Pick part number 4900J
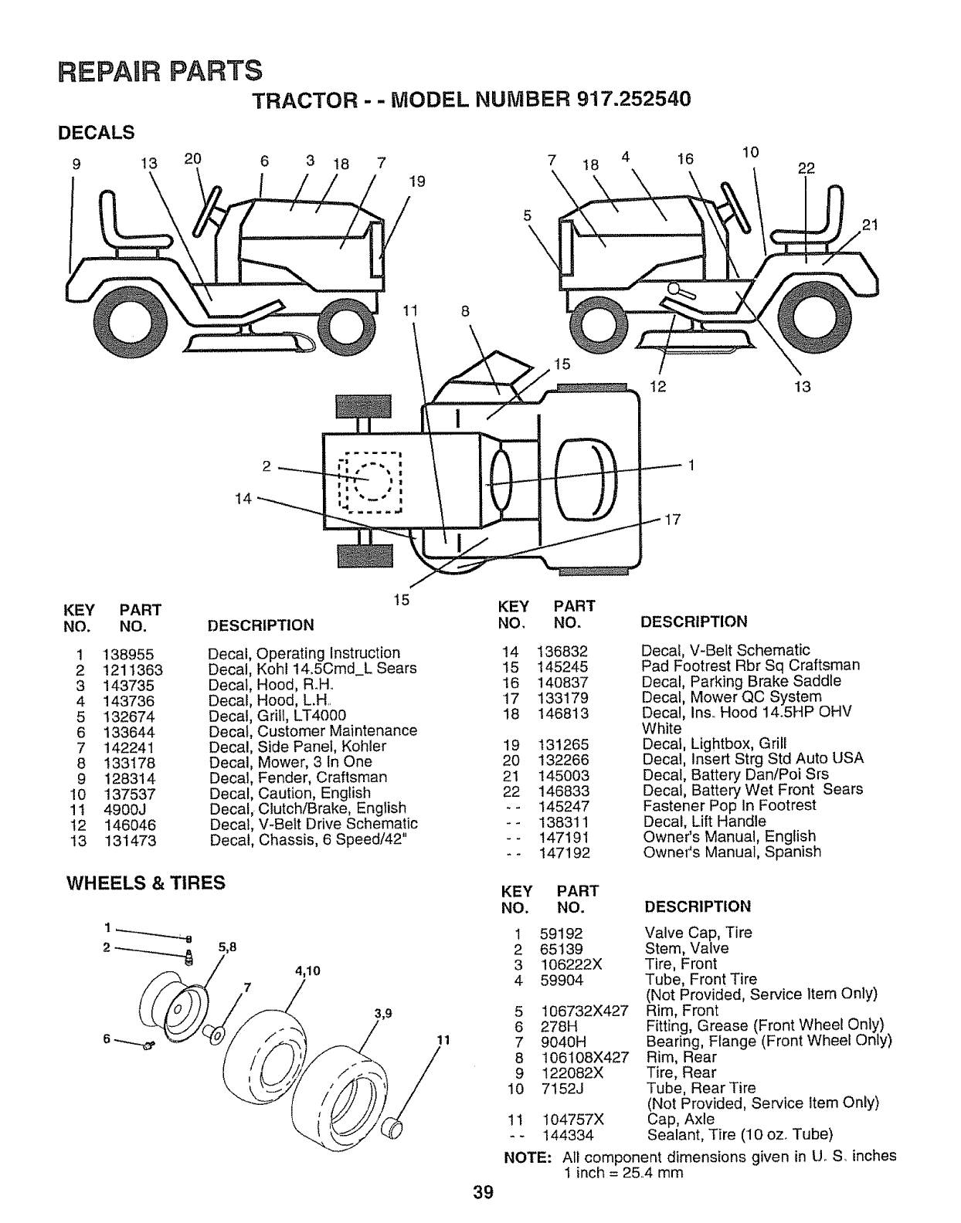124,809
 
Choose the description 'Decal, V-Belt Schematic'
725,650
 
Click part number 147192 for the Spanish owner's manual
564,852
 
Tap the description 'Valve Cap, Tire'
698,933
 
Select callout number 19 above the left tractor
417,182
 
